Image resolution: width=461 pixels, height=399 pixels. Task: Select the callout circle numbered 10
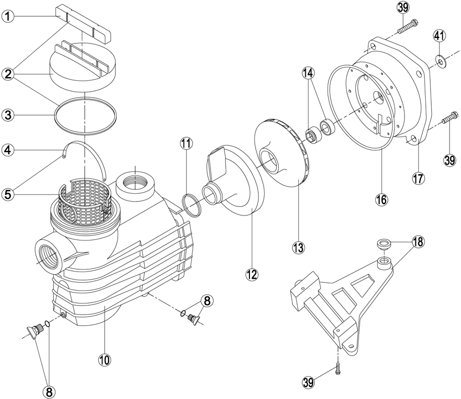105,359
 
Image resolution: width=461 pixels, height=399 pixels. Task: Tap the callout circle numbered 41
439,36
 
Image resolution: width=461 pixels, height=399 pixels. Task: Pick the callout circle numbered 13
298,248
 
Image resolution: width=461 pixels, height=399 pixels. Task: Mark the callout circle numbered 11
186,144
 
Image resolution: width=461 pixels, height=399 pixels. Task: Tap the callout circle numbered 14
308,72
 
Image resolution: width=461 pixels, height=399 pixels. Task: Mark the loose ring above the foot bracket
385,243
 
